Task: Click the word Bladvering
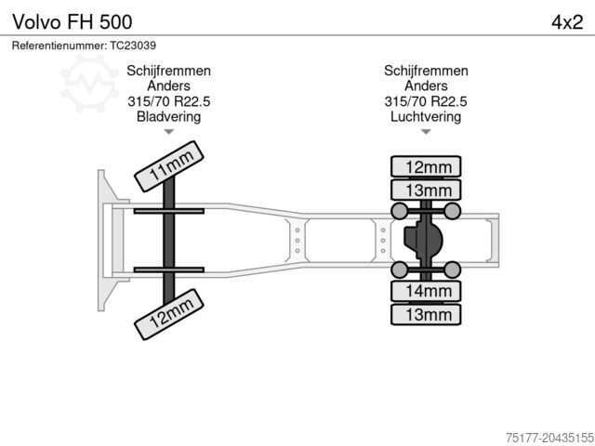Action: pos(168,117)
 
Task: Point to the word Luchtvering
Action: pos(426,117)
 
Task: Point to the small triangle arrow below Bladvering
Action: pos(168,132)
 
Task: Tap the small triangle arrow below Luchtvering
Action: pos(426,132)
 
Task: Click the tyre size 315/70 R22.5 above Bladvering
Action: pos(168,101)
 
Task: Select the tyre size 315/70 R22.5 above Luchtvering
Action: pos(426,101)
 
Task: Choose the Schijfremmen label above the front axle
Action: pos(168,71)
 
